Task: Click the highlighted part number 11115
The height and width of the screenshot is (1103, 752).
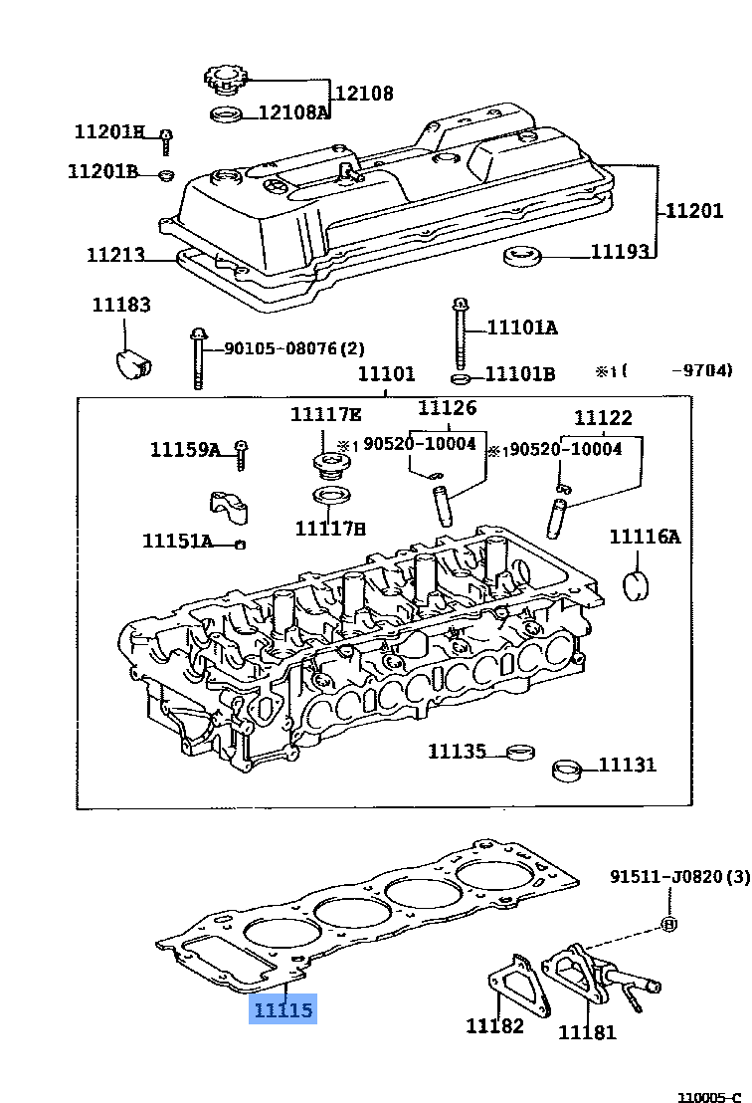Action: pos(282,1010)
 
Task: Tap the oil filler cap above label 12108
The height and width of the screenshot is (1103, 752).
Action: pos(226,78)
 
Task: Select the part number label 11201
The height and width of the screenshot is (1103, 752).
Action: pos(693,210)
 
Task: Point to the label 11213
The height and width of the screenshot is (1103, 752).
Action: pos(115,254)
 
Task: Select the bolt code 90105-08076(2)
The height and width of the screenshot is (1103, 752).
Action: pos(293,348)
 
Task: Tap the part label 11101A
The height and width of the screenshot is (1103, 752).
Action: pos(521,327)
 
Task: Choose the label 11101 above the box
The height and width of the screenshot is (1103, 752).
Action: pos(386,374)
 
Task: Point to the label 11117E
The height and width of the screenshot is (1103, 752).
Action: pos(325,414)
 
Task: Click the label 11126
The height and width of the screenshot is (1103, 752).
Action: pos(447,407)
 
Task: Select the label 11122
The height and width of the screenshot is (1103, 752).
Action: pos(602,418)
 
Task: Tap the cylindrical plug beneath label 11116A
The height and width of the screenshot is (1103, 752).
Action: pos(636,586)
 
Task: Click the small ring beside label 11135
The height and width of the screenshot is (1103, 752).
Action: pos(517,752)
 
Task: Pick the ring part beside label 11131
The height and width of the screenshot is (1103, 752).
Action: pos(568,771)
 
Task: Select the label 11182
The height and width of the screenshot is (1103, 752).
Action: pos(494,1024)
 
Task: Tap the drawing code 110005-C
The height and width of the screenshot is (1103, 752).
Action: pos(709,1095)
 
